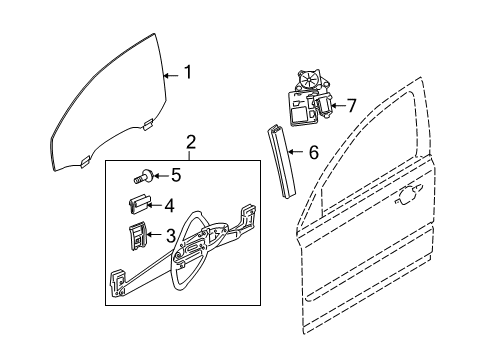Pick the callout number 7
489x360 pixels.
[x=350, y=106]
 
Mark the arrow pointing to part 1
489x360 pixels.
[x=169, y=73]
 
